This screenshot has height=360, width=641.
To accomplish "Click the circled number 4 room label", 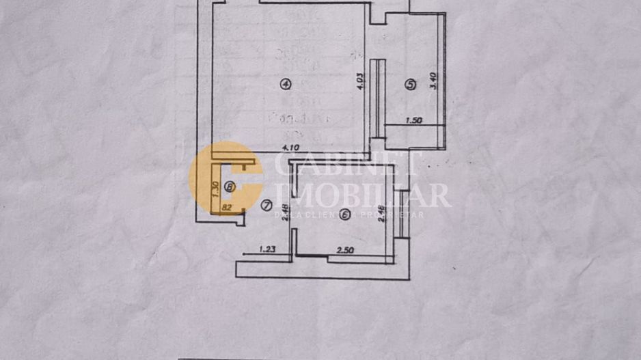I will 286,84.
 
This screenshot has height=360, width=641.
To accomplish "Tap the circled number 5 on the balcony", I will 410,85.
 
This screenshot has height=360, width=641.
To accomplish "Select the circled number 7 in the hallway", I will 266,205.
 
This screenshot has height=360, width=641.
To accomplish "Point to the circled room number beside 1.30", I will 229,186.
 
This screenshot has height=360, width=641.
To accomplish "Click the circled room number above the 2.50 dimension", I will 346,215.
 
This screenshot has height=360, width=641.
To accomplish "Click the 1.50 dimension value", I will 415,121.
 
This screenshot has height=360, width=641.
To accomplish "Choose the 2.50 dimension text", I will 348,251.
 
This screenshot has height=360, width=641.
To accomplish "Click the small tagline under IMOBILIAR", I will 349,214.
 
